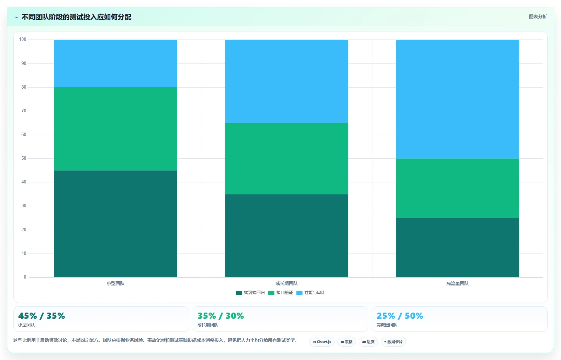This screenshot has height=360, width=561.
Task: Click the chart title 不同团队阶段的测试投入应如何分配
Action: tap(76, 17)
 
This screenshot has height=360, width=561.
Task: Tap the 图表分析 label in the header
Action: tap(538, 16)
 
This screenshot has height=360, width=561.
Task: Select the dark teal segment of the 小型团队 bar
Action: tap(115, 224)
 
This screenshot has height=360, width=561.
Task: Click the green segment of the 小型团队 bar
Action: tap(115, 129)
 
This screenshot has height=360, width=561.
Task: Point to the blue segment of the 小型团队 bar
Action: tap(115, 64)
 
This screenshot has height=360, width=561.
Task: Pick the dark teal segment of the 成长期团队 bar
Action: tap(287, 236)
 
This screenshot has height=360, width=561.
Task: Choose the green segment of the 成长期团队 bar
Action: tap(287, 159)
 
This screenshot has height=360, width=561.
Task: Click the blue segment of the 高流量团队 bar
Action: tap(457, 99)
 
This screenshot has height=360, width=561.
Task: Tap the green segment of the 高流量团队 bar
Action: tap(457, 188)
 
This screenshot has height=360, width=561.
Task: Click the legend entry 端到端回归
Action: tap(250, 293)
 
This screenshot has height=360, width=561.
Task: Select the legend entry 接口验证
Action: tap(280, 293)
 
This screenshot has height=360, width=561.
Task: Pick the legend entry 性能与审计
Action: tap(311, 293)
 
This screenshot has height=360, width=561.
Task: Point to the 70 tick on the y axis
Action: tap(24, 111)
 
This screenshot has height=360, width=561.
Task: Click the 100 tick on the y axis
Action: tap(23, 39)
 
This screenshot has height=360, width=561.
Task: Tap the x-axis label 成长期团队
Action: tap(287, 283)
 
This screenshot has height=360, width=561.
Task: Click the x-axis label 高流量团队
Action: tap(457, 283)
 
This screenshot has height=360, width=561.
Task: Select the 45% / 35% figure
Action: tap(42, 316)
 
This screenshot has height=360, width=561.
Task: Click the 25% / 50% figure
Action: tap(400, 316)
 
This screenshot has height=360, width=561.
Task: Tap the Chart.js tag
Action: tap(322, 342)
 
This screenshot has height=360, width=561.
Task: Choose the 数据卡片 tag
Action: tap(393, 342)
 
